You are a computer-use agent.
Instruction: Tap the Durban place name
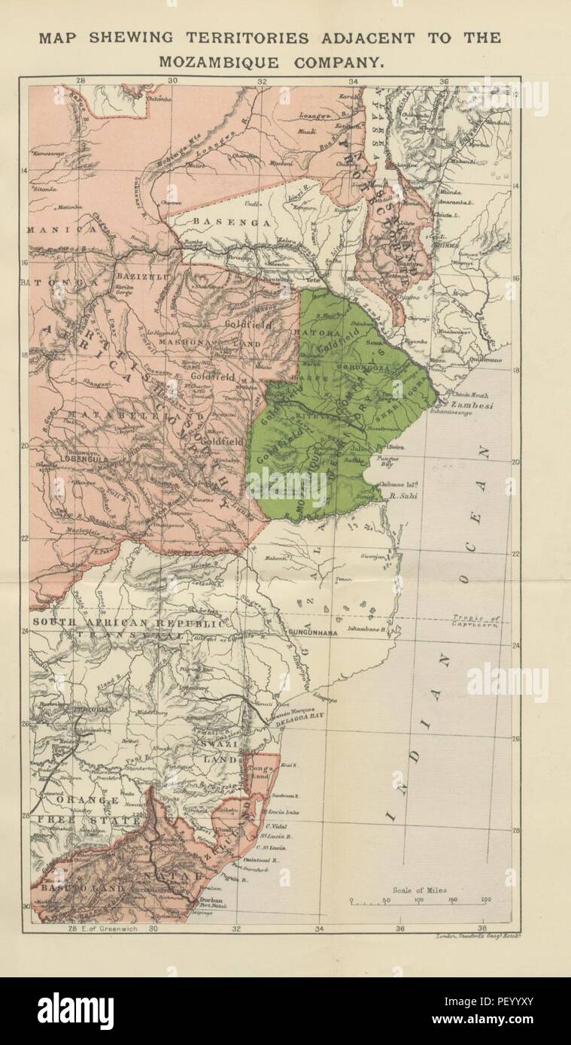click(x=208, y=900)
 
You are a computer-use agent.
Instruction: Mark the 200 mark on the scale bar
click(x=486, y=901)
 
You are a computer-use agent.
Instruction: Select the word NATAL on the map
click(x=185, y=877)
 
